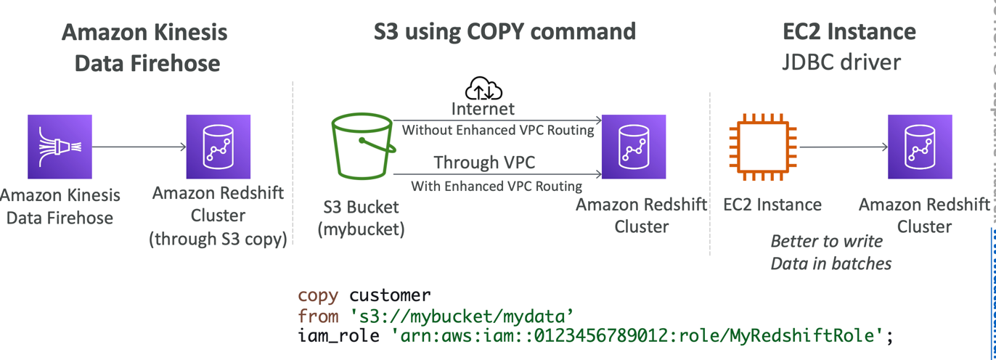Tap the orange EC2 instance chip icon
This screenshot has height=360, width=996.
(762, 147)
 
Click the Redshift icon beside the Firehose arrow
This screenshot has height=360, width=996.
(219, 147)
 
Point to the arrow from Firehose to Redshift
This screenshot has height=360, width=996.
(139, 147)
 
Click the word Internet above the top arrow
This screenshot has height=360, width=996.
(483, 109)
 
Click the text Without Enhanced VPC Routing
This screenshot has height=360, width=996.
(498, 131)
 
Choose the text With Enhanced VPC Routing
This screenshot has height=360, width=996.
(497, 186)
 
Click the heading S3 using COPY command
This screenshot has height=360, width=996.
(505, 31)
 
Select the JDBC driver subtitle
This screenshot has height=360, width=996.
(842, 62)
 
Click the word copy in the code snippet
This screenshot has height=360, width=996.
(318, 296)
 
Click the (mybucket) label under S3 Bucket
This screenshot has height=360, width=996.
(361, 229)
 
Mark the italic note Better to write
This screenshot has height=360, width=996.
(826, 241)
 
